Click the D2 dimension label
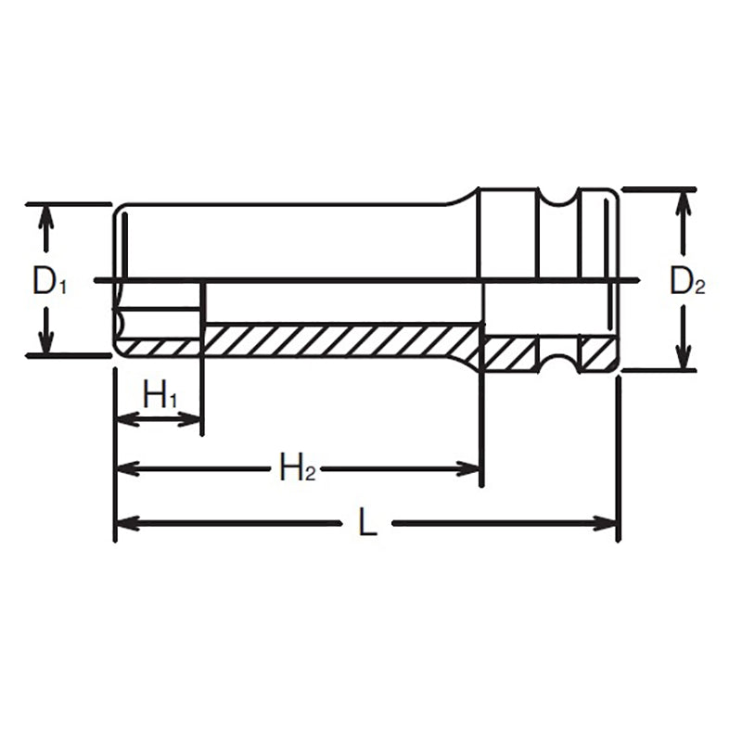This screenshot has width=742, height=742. click(x=687, y=281)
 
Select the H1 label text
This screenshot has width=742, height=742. click(x=160, y=396)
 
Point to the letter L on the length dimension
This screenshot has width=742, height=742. click(x=368, y=524)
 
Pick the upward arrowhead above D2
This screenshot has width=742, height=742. click(x=683, y=200)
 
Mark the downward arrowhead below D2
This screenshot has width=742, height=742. click(x=683, y=359)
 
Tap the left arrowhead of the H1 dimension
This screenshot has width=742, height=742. click(x=123, y=419)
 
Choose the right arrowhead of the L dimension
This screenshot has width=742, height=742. click(x=608, y=524)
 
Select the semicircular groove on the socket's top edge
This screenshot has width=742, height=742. click(x=558, y=199)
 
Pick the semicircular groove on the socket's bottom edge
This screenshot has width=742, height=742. click(x=558, y=362)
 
